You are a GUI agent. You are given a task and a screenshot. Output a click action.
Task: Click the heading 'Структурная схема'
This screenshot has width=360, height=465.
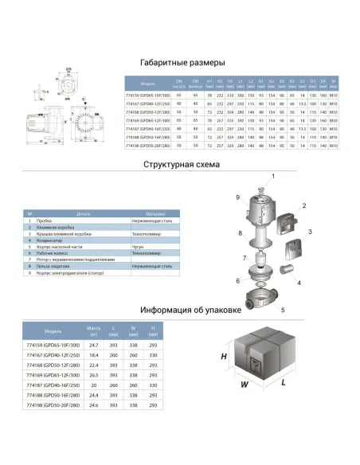click(x=179, y=165)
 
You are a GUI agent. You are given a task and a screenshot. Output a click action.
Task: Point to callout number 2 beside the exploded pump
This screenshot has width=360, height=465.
click(x=303, y=205)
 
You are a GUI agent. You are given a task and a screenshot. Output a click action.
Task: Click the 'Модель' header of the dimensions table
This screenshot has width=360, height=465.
click(x=148, y=83)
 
